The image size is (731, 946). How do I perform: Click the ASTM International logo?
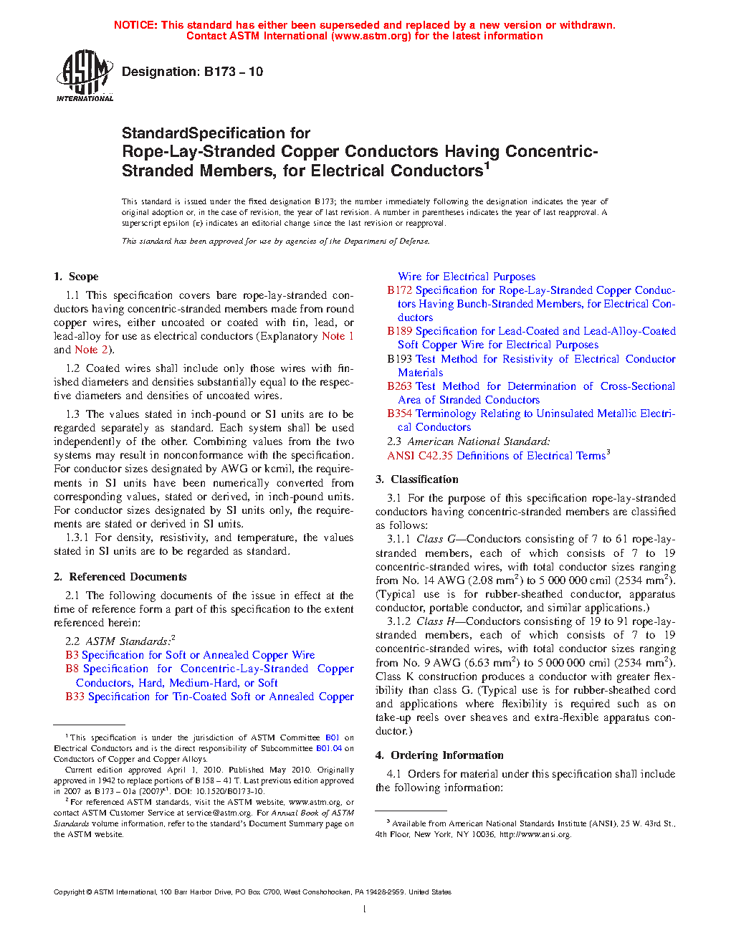click(85, 75)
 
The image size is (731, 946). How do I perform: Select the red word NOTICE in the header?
click(135, 25)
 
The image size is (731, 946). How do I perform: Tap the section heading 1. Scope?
click(76, 277)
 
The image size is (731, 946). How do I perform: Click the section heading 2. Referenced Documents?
click(120, 577)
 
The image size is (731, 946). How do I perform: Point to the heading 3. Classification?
click(417, 479)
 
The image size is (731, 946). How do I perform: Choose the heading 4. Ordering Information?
click(439, 755)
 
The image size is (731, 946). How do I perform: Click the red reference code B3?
click(72, 655)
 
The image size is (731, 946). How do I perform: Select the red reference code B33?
click(75, 697)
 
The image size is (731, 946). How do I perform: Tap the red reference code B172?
click(400, 290)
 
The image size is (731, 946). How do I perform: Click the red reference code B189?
click(400, 331)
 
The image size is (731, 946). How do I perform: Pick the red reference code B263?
click(400, 386)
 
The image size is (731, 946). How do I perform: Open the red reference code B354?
click(400, 414)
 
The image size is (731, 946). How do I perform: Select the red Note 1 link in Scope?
click(338, 336)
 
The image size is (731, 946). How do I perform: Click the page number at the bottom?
click(365, 909)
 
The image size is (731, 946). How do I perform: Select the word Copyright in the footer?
click(69, 892)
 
